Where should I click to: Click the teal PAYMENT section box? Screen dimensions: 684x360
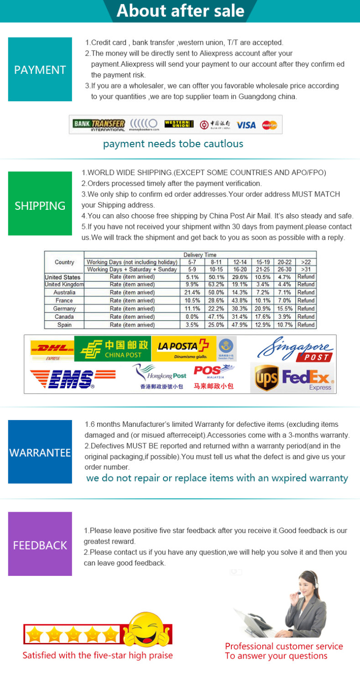tap(40, 69)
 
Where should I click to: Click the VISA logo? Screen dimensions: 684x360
tap(246, 124)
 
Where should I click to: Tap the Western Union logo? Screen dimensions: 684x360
tap(179, 124)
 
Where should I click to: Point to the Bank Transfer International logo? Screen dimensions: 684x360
tap(99, 124)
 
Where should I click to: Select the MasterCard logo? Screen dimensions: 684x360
tap(270, 124)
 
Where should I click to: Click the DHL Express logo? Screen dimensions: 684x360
tap(52, 349)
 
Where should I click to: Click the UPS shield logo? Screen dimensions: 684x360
tap(266, 378)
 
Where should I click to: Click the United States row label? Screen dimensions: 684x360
tap(63, 277)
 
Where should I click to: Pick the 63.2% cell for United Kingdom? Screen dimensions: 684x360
tap(216, 285)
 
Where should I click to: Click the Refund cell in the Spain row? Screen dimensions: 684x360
tap(306, 325)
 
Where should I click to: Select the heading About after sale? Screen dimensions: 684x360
tap(180, 10)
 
